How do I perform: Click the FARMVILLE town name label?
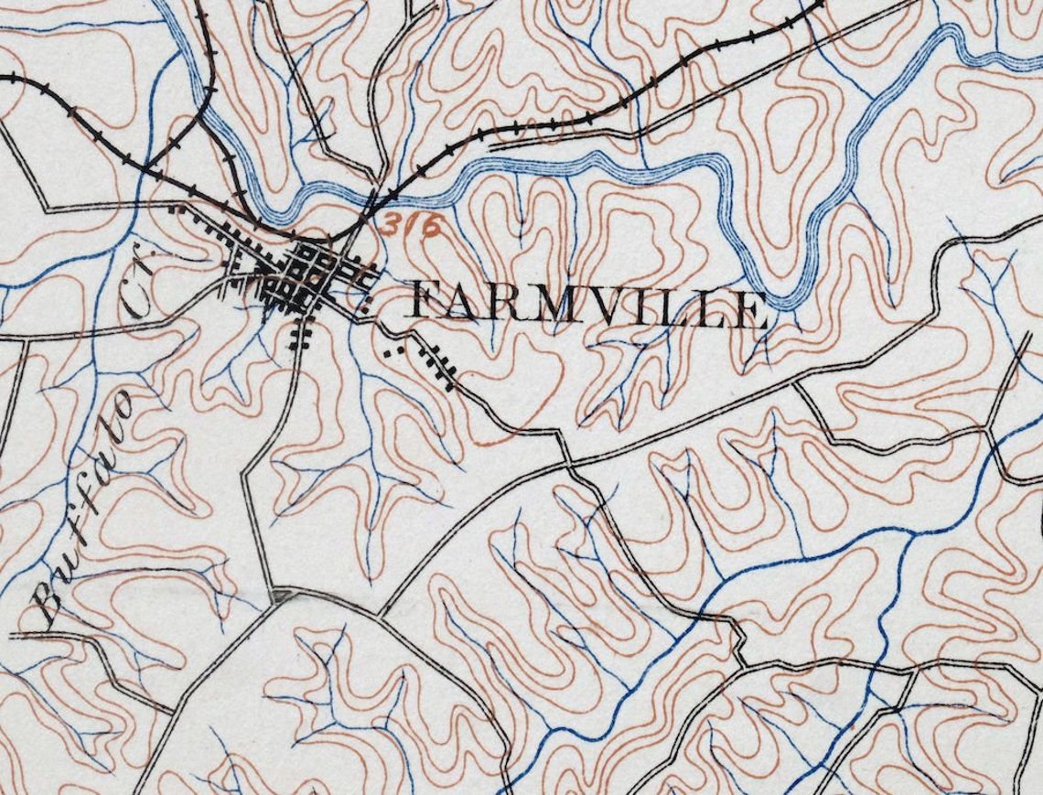(586, 306)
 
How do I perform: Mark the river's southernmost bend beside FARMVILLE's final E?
(782, 302)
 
